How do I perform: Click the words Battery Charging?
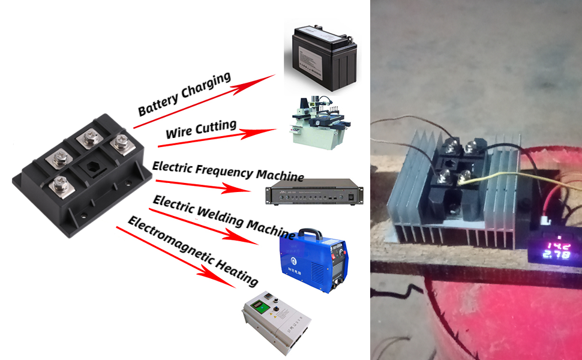click(184, 94)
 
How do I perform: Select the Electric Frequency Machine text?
click(228, 170)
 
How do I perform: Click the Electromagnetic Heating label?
click(193, 253)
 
